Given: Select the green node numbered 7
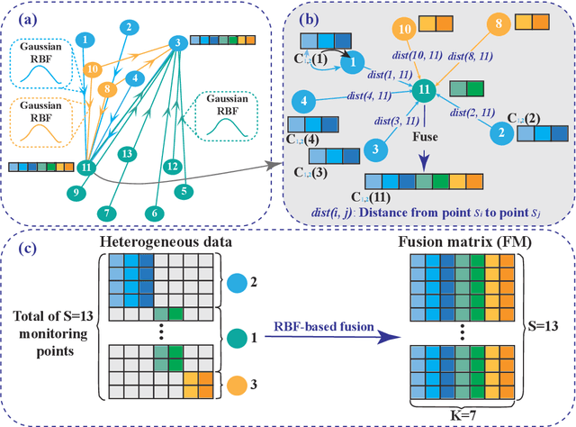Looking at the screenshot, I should (x=106, y=212).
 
